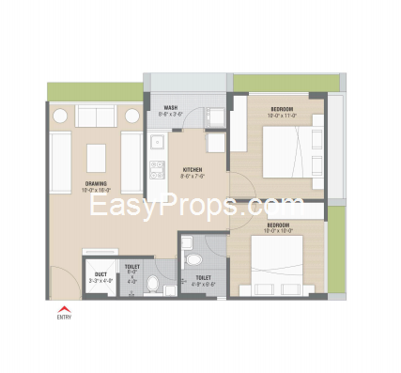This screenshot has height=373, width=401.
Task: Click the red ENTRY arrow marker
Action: pyautogui.click(x=64, y=307)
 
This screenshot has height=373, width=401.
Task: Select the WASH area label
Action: pyautogui.click(x=171, y=108)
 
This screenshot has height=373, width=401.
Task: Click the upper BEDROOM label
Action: pyautogui.click(x=282, y=110)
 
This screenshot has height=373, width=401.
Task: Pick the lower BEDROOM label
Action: pyautogui.click(x=277, y=225)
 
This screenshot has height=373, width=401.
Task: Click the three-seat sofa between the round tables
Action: pyautogui.click(x=94, y=116)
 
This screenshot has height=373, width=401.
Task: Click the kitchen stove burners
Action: pyautogui.click(x=156, y=170)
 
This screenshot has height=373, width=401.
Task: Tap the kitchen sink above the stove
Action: pyautogui.click(x=157, y=147)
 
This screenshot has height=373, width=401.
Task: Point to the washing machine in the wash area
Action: pyautogui.click(x=214, y=117)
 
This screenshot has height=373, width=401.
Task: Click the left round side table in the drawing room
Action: pyautogui.click(x=58, y=116)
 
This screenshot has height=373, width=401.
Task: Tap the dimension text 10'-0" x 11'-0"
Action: pyautogui.click(x=282, y=117)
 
